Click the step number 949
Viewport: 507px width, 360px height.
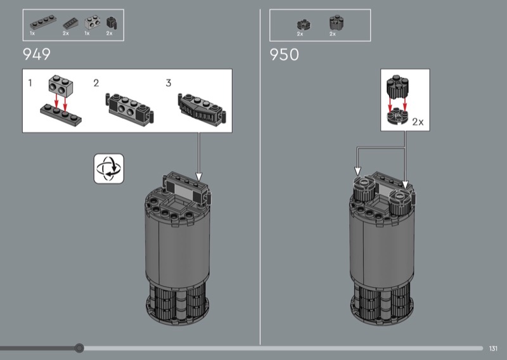(x=37, y=55)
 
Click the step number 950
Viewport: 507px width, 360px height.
(x=284, y=55)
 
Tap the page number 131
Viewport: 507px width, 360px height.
(x=493, y=349)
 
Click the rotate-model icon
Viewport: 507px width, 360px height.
(x=108, y=169)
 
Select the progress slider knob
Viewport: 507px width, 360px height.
(x=79, y=348)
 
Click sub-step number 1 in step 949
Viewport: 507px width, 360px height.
(x=30, y=83)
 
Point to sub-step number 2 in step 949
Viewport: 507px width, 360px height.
(x=96, y=83)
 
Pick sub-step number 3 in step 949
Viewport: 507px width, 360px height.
(x=169, y=83)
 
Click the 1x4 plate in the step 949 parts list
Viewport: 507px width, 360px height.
(x=43, y=23)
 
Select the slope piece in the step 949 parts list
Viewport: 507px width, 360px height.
(x=70, y=23)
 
